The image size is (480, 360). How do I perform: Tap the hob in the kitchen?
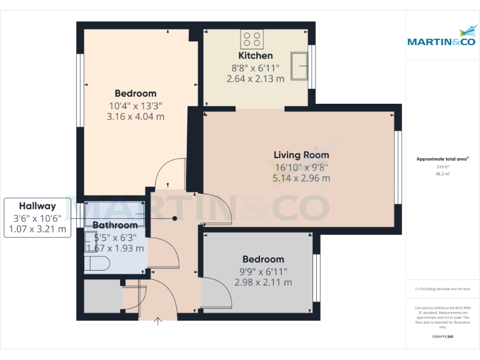[x=252, y=40]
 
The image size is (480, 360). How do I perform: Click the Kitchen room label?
[x=255, y=56]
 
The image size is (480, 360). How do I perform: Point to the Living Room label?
[x=301, y=155]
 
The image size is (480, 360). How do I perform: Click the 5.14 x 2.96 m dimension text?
[x=301, y=179]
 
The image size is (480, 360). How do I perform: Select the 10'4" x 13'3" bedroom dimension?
[x=135, y=106]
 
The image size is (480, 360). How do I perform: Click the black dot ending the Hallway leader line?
[x=175, y=218]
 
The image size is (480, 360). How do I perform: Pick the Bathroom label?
[x=115, y=225]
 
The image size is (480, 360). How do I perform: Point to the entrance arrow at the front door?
[x=158, y=322]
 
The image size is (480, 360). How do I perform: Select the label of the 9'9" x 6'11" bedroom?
[x=263, y=259]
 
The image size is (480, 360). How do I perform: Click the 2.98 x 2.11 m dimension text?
[x=263, y=282]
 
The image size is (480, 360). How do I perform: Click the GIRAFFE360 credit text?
[x=442, y=336]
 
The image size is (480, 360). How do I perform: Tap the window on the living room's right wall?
[x=397, y=167]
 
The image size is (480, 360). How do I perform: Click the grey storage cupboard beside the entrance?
[x=102, y=297]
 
